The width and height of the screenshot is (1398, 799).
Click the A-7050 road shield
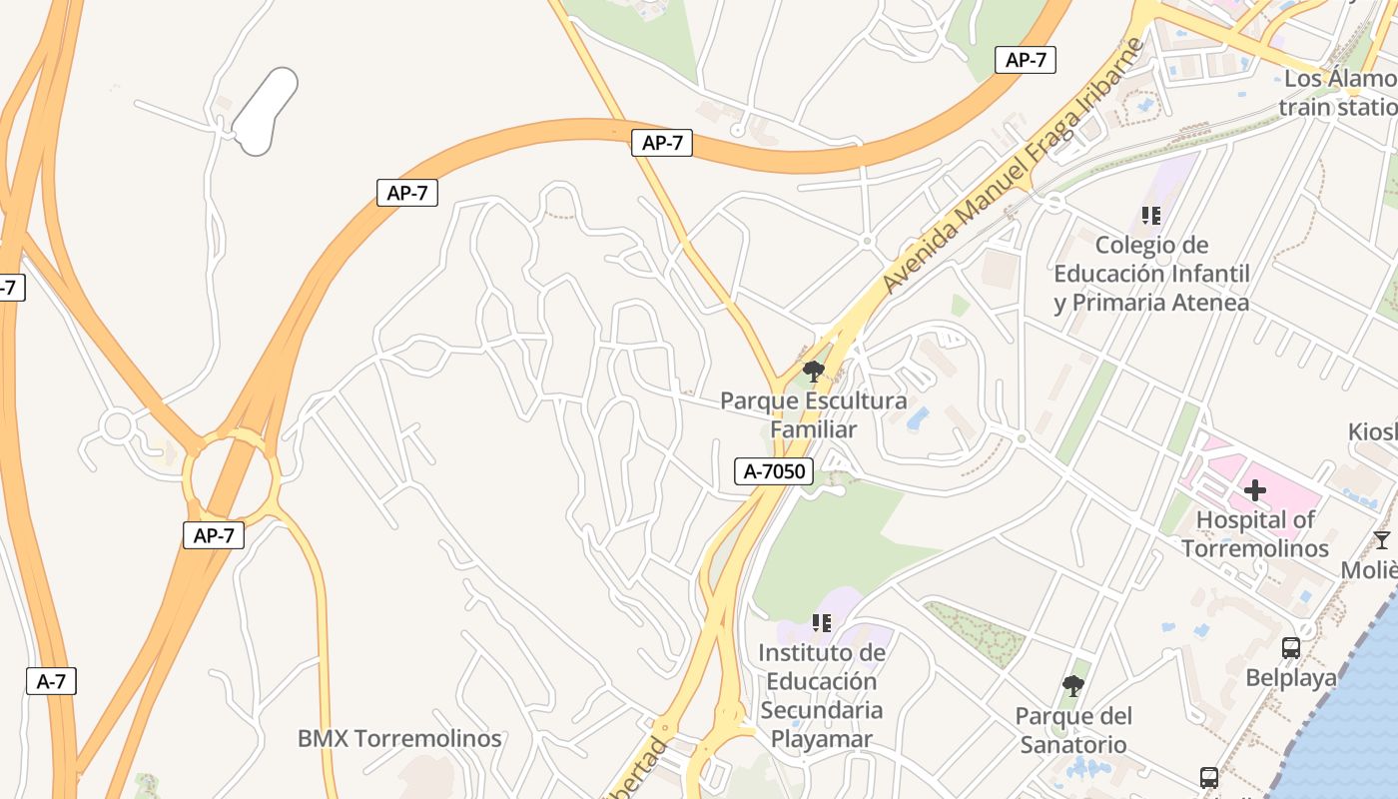point(774,471)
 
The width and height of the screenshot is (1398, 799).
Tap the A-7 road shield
point(51,681)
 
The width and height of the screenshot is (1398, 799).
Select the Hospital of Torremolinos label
point(1255,534)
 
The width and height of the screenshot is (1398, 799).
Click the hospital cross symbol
point(1255,490)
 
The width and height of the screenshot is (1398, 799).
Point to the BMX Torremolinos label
point(399,739)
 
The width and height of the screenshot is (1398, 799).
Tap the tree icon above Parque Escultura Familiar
point(814,373)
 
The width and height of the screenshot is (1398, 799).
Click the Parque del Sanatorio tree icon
point(1073,685)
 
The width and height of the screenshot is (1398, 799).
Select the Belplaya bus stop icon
point(1290,648)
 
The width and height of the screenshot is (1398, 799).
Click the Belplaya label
point(1290,678)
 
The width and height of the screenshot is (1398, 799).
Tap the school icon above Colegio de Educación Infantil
point(1150,215)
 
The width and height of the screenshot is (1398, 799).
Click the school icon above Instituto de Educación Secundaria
point(821,623)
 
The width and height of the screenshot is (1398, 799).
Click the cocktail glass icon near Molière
point(1381,540)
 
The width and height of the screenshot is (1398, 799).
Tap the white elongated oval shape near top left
point(266,111)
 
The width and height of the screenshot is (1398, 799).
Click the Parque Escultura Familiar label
point(813,415)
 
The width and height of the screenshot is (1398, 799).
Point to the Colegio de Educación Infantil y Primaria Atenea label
point(1151,274)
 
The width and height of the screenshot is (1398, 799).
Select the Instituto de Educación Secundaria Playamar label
point(821,696)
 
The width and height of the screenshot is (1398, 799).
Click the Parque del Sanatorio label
point(1073,730)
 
